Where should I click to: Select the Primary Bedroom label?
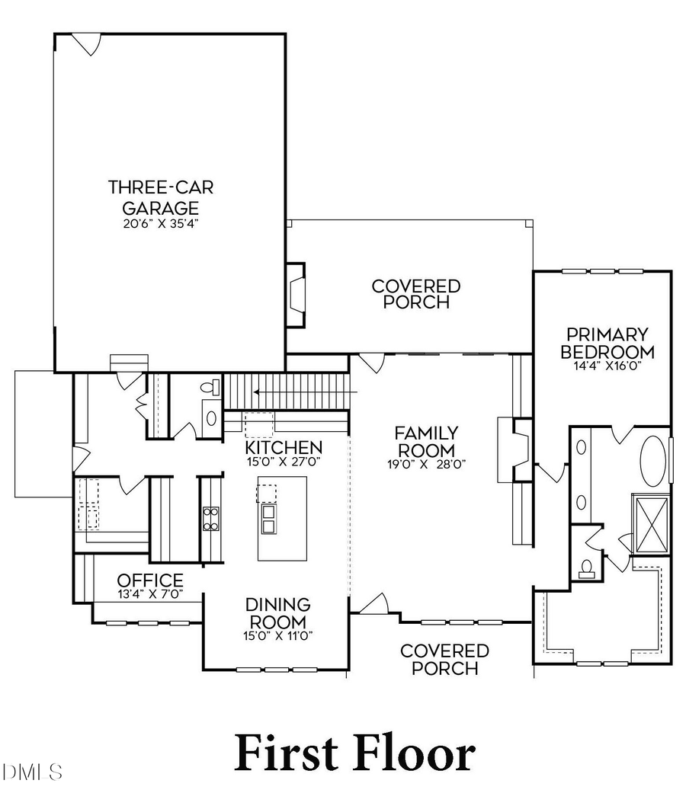[x=607, y=343]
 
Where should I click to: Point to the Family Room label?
[x=425, y=441]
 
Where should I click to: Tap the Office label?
[x=150, y=580]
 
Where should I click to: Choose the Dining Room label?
[x=277, y=613]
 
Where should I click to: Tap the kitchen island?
[x=282, y=518]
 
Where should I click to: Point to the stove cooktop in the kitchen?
[x=210, y=518]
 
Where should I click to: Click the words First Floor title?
[x=354, y=753]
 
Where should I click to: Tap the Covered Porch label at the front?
[x=444, y=660]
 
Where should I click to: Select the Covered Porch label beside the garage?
[x=416, y=294]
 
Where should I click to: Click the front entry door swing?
[x=373, y=605]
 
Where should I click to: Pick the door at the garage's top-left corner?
[x=88, y=43]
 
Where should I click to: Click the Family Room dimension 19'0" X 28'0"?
[x=425, y=462]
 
